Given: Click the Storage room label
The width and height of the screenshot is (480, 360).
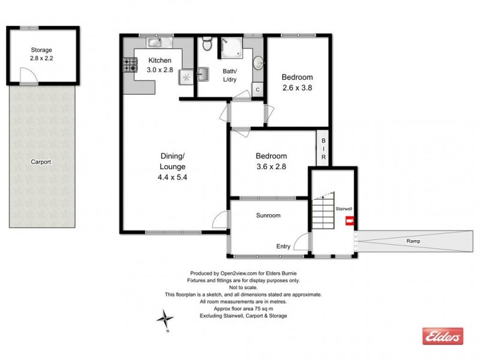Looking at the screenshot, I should pos(42,50).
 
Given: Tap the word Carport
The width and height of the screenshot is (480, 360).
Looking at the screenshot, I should pos(41,161).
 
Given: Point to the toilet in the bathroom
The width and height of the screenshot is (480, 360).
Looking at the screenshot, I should pos(206,43).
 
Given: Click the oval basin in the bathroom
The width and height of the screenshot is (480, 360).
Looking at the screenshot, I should pos(259,62).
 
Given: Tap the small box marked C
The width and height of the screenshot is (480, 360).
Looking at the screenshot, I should pos(257,89).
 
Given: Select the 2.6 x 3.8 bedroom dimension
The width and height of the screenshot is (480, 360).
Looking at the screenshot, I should pos(298,88).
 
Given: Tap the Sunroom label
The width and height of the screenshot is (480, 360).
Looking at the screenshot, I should pos(269,215).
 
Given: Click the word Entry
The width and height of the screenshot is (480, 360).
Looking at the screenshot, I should pos(283,246).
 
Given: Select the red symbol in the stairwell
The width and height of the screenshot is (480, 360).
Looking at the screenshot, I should pos(349,221).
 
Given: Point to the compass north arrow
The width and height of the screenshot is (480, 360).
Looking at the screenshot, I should pos(166,317).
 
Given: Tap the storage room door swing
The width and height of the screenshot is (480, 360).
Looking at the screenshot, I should pos(28,74).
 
